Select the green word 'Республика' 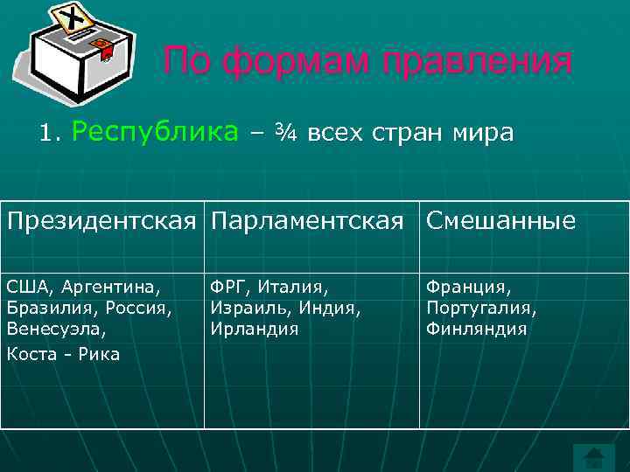(x=155, y=132)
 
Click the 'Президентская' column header (x=101, y=221)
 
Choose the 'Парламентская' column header (x=308, y=221)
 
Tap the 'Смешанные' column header (x=500, y=221)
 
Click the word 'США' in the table (x=27, y=286)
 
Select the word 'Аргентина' (x=112, y=287)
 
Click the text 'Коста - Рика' (x=63, y=354)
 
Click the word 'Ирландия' (x=254, y=330)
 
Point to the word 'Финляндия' (x=477, y=330)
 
